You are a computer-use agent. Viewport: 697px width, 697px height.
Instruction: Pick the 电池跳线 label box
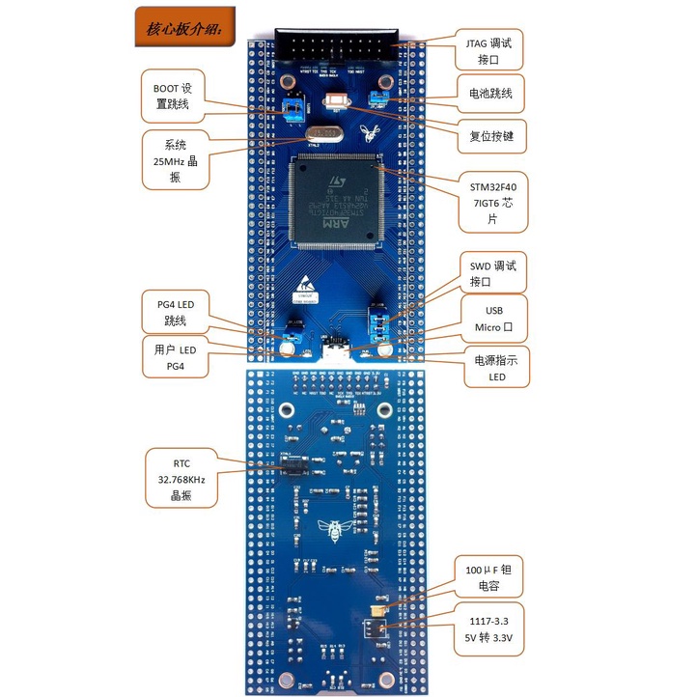(489, 94)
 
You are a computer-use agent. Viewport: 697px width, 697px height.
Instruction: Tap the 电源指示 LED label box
(496, 368)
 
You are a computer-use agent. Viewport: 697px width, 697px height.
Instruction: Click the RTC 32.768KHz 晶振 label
(181, 477)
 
